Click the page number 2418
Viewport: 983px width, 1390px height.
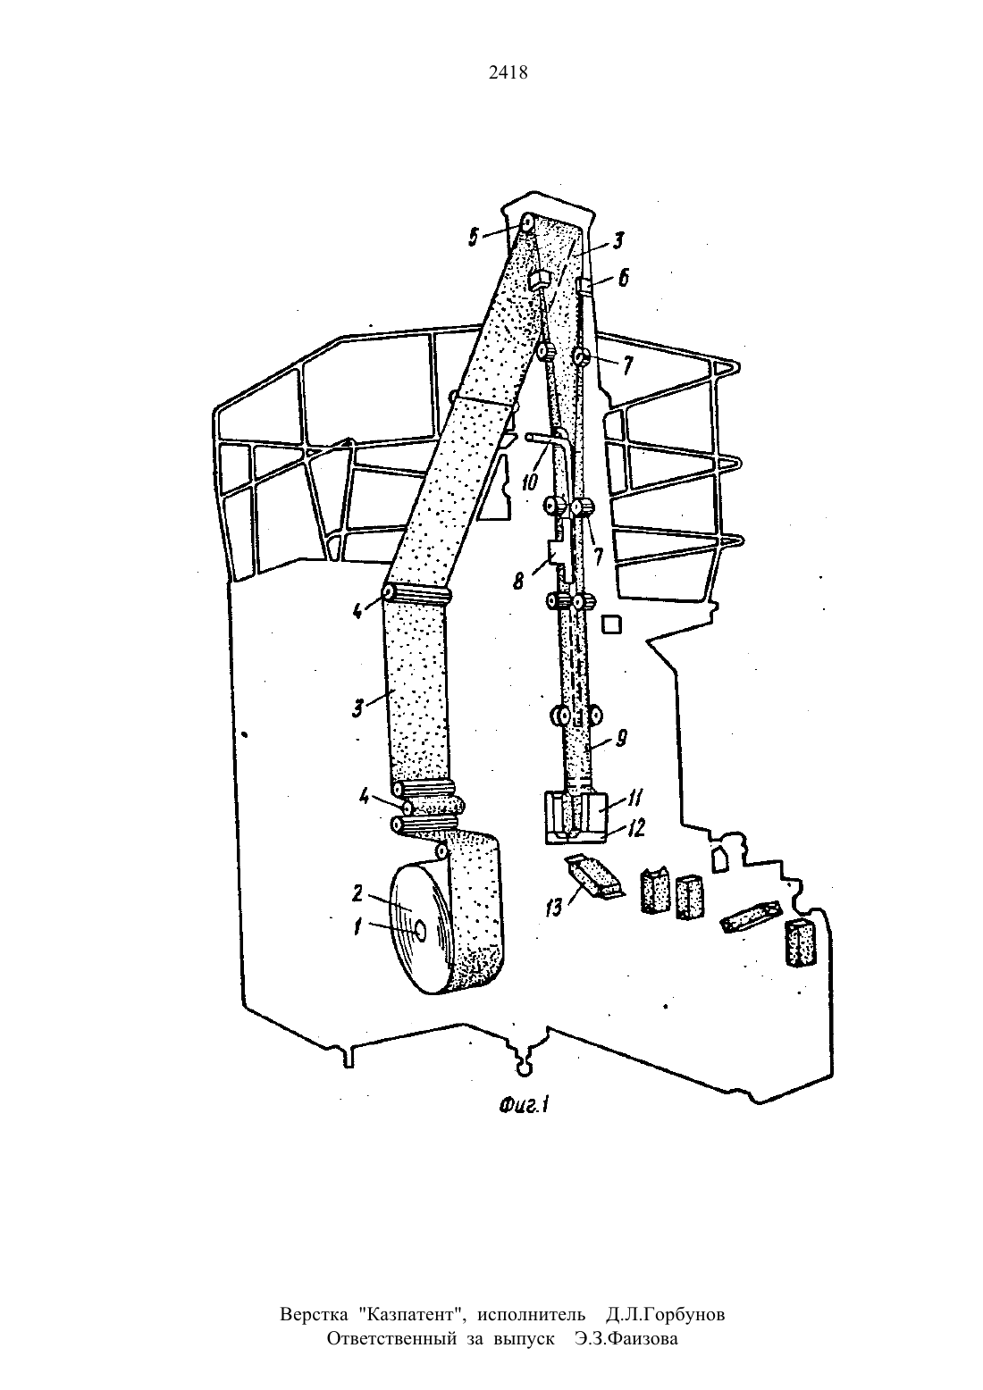508,72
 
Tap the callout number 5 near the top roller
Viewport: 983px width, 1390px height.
474,238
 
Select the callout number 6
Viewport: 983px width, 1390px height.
623,278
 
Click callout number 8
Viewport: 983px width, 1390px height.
519,582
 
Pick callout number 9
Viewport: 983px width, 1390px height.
621,738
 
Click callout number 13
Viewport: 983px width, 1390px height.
554,908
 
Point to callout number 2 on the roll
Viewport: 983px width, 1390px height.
358,893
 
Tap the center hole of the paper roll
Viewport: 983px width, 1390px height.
419,930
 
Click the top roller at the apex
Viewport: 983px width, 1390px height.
528,222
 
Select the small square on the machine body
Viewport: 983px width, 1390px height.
612,624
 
